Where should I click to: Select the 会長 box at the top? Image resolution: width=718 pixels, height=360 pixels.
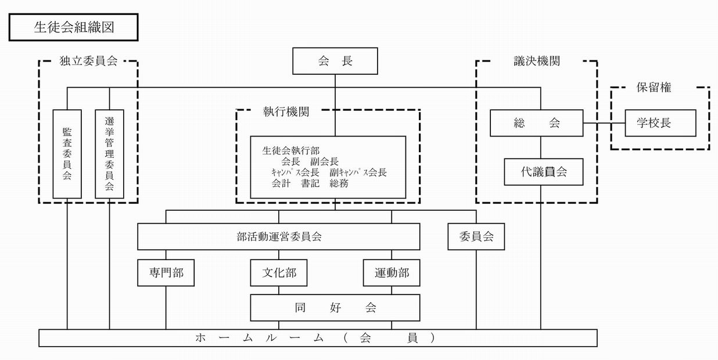(x=335, y=61)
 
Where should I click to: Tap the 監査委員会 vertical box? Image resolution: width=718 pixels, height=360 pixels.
(x=67, y=154)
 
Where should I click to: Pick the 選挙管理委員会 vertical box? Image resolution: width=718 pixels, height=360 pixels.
(x=110, y=154)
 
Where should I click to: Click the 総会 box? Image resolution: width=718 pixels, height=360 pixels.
(x=536, y=123)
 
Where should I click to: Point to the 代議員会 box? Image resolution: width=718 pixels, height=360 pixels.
(x=543, y=172)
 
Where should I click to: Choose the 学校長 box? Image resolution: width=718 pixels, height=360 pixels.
(x=660, y=123)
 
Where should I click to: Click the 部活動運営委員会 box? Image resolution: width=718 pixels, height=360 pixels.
(x=278, y=237)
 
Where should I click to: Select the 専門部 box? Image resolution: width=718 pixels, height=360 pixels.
(x=166, y=272)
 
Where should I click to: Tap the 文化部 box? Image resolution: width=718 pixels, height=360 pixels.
(x=278, y=272)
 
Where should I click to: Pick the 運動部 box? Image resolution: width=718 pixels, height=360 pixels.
(x=391, y=272)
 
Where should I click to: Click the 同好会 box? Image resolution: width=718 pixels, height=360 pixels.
(x=335, y=308)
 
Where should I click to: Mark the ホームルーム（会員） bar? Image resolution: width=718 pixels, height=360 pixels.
(x=318, y=338)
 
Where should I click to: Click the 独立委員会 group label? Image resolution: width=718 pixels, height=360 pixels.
(x=88, y=61)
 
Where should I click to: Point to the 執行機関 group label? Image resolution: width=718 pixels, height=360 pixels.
(x=286, y=112)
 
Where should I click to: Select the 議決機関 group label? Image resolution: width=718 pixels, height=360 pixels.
(x=536, y=61)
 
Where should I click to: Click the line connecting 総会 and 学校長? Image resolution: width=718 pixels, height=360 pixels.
(x=604, y=123)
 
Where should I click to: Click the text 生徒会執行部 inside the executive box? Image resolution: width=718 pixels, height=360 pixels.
(x=290, y=150)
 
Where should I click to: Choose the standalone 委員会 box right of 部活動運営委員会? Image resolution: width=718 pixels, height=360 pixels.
(x=476, y=237)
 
